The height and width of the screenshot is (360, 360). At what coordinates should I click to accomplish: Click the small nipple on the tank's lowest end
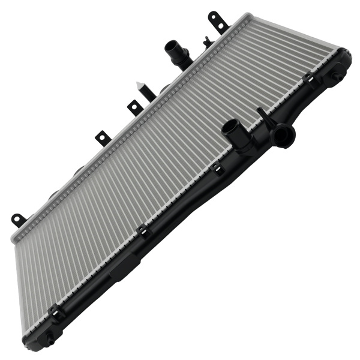(x=49, y=341)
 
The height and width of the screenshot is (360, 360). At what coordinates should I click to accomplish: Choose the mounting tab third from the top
(x=103, y=138)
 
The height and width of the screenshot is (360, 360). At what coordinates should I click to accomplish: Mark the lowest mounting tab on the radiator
(x=19, y=220)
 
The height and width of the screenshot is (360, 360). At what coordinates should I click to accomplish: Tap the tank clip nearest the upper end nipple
(x=310, y=80)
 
